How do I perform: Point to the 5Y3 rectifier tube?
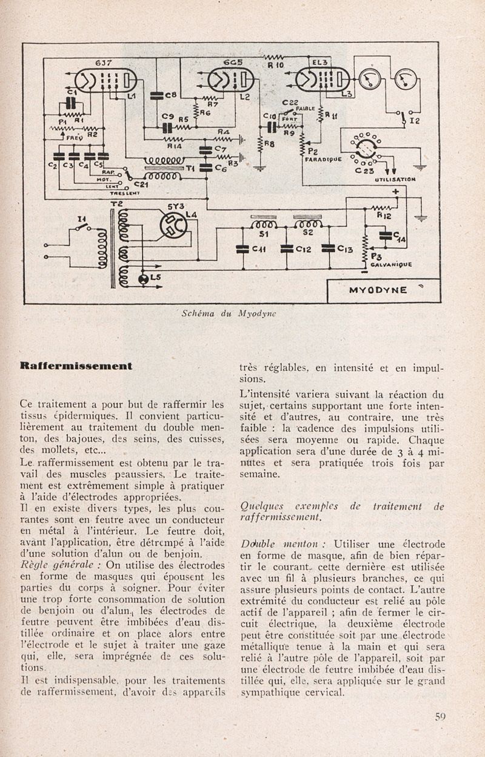[x=175, y=226]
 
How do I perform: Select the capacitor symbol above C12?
[x=286, y=248]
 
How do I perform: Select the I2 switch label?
[x=415, y=121]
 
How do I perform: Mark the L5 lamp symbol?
[x=144, y=279]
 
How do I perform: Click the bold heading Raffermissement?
[x=75, y=366]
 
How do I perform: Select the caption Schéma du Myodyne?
[x=229, y=313]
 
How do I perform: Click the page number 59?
[x=440, y=716]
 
